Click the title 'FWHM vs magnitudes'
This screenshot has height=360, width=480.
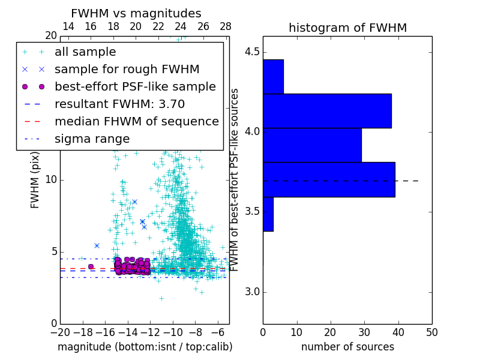[x=136, y=13]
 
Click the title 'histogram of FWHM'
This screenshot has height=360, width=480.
[x=347, y=28]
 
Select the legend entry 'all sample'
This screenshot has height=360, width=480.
[x=85, y=52]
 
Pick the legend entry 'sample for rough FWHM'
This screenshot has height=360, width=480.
[x=127, y=69]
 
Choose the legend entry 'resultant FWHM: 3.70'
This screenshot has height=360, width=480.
[x=119, y=104]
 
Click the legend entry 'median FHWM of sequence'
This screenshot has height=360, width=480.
[x=136, y=121]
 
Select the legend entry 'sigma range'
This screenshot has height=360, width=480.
[x=92, y=139]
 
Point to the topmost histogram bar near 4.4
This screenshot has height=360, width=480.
[x=273, y=76]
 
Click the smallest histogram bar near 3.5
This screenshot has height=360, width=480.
[x=268, y=214]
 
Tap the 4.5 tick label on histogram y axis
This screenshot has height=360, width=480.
[x=251, y=52]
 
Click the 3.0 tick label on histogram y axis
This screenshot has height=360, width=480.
[x=251, y=292]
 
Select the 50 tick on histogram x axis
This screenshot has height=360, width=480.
[x=431, y=331]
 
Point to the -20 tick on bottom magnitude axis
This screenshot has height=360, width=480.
[x=60, y=331]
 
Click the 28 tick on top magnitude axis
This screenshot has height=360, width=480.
[x=226, y=26]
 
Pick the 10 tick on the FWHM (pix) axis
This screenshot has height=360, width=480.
[x=50, y=179]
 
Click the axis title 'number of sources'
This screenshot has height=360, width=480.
[x=347, y=347]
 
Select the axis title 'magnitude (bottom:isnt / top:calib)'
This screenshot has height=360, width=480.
[x=145, y=347]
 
